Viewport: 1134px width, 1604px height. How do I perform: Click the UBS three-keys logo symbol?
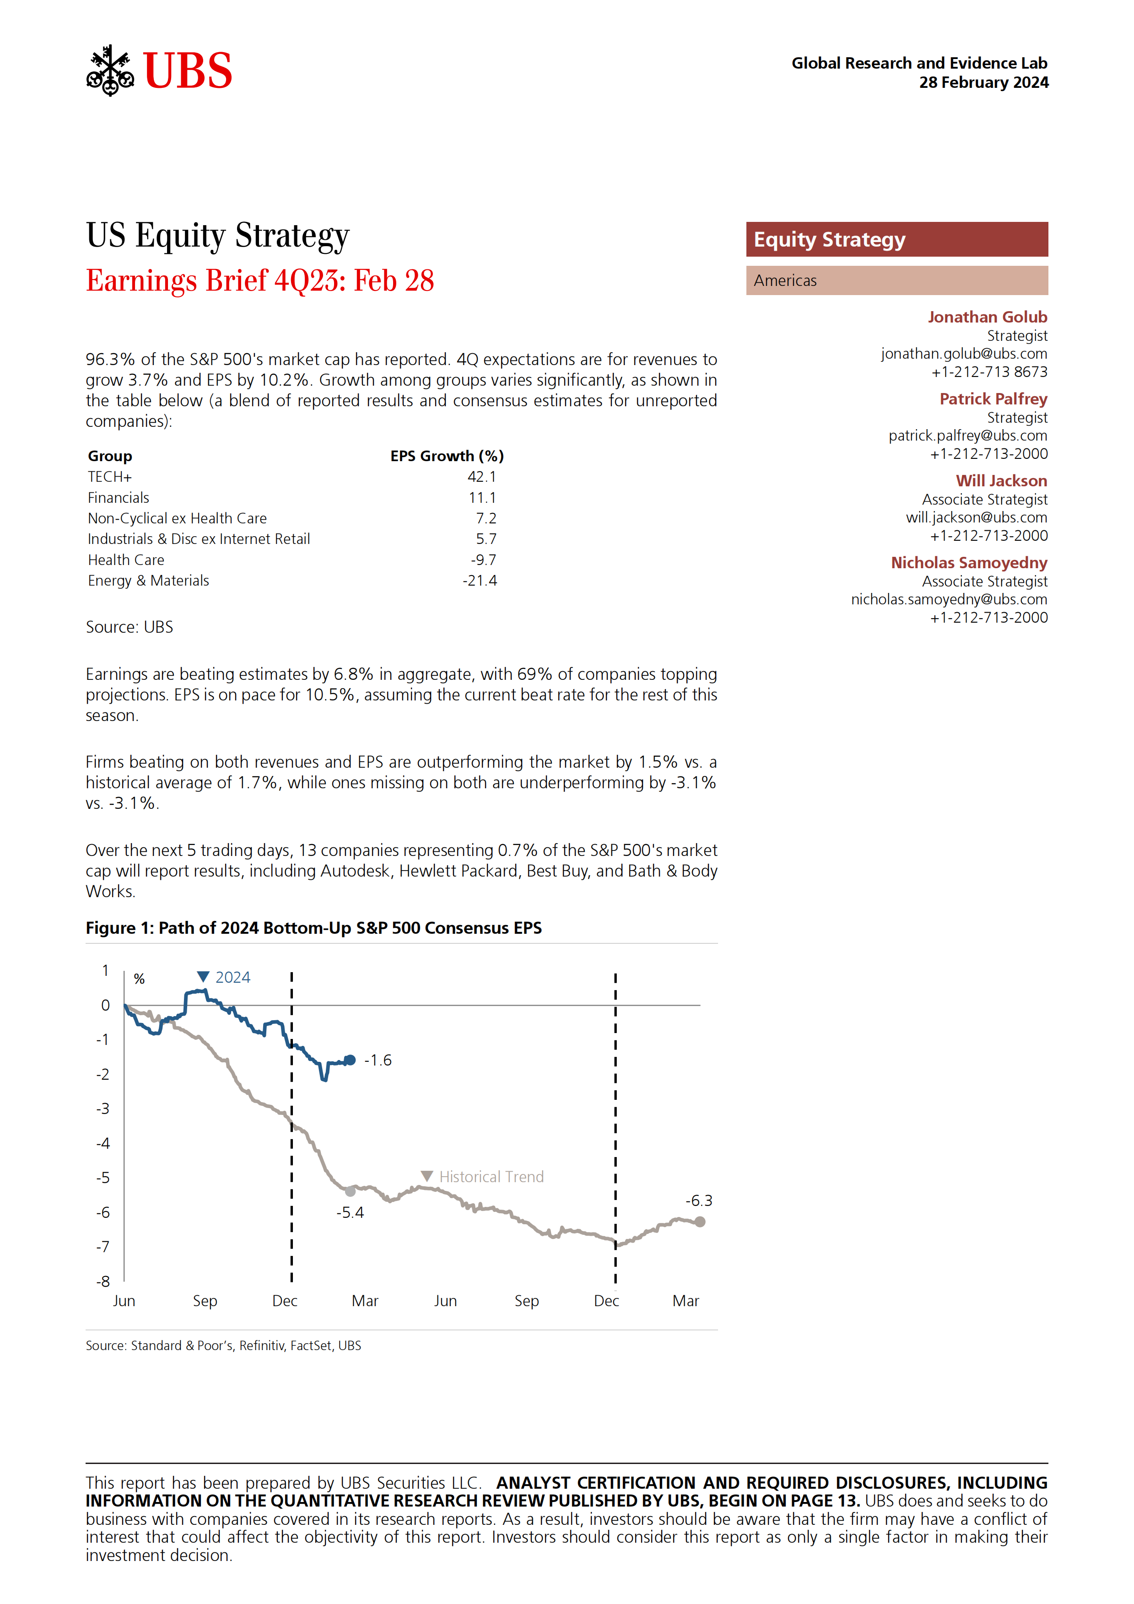pyautogui.click(x=110, y=70)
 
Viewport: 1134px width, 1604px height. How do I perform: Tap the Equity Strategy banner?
pyautogui.click(x=896, y=240)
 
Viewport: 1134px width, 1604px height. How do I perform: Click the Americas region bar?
pyautogui.click(x=896, y=280)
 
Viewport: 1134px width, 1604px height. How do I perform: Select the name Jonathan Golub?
pyautogui.click(x=987, y=317)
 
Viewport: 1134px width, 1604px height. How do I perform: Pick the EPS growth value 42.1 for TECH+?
pyautogui.click(x=481, y=476)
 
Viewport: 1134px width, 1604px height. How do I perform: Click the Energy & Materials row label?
pyautogui.click(x=148, y=581)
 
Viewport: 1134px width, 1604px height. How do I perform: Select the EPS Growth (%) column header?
pyautogui.click(x=447, y=456)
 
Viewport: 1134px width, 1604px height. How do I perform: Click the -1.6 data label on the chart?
pyautogui.click(x=378, y=1060)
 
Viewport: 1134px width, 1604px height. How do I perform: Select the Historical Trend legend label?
pyautogui.click(x=491, y=1176)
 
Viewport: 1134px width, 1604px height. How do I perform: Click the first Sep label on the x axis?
pyautogui.click(x=205, y=1301)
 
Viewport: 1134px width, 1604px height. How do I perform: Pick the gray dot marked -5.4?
pyautogui.click(x=350, y=1192)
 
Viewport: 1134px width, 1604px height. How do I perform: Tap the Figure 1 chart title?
pyautogui.click(x=314, y=928)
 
